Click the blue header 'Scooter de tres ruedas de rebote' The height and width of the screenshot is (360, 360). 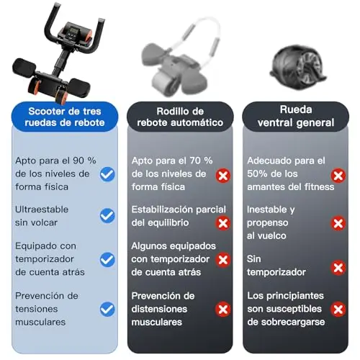65,117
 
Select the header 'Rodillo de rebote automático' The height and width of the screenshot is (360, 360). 180,117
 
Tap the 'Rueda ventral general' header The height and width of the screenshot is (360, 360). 296,117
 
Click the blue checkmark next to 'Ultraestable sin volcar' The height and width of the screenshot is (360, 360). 107,215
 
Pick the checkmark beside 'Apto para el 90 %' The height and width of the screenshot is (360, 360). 107,174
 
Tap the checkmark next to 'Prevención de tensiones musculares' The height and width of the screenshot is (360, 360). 107,309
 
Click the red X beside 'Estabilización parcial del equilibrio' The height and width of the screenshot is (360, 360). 223,223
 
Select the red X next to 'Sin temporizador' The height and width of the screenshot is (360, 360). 338,267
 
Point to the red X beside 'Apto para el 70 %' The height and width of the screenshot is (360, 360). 223,176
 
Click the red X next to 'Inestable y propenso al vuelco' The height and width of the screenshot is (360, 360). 338,223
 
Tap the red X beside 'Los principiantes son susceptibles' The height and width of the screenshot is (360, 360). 338,309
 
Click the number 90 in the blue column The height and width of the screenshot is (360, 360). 78,161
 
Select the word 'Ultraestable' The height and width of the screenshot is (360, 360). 42,210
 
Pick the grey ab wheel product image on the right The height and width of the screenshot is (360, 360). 298,68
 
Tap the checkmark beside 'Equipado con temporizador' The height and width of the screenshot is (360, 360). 107,260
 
